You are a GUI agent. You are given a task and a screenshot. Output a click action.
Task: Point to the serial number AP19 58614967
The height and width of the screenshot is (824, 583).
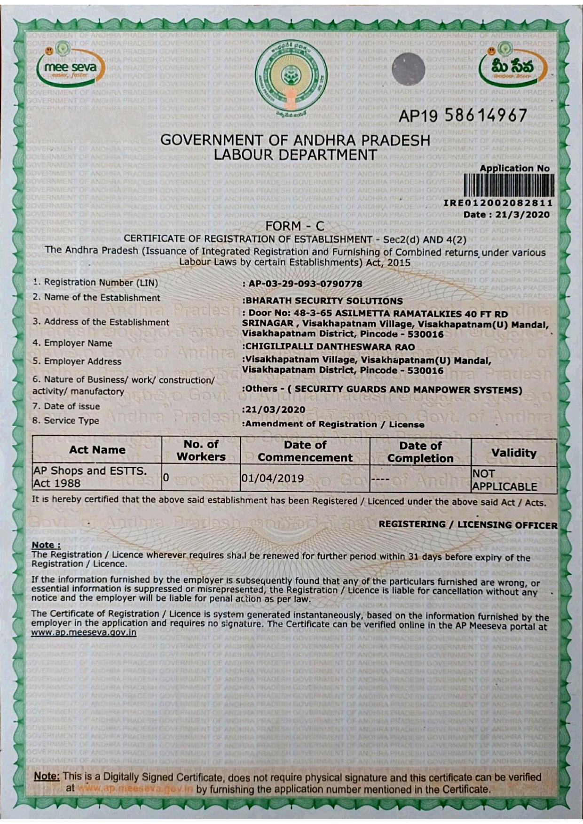[463, 116]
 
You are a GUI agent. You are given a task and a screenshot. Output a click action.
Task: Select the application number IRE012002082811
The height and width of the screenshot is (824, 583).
[498, 203]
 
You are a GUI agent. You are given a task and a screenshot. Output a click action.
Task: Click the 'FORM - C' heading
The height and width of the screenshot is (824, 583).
[295, 226]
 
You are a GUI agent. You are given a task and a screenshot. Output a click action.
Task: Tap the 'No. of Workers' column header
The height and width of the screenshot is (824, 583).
[201, 450]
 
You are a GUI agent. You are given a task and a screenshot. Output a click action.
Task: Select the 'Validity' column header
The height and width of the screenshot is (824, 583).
[513, 453]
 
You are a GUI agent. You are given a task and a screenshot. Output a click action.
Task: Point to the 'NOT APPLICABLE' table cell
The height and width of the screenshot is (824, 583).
[504, 480]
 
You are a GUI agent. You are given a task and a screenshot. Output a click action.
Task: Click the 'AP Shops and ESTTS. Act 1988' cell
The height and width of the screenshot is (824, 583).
[90, 477]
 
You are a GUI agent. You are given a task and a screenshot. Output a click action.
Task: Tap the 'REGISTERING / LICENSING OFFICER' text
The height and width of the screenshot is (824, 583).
[468, 524]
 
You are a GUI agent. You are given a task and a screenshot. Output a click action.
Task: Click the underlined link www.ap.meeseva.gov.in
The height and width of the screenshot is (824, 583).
[84, 632]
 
